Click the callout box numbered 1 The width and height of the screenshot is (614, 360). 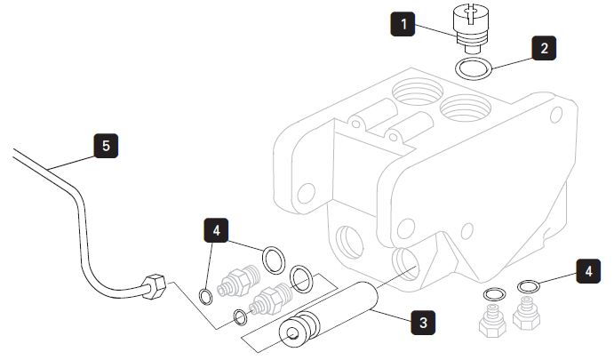(404, 24)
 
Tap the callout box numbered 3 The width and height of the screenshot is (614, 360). (425, 322)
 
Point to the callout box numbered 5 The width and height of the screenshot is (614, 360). (106, 145)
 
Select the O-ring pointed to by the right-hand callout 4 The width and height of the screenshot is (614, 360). (527, 286)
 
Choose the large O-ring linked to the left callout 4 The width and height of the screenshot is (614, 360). (274, 260)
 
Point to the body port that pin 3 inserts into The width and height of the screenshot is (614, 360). (409, 263)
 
